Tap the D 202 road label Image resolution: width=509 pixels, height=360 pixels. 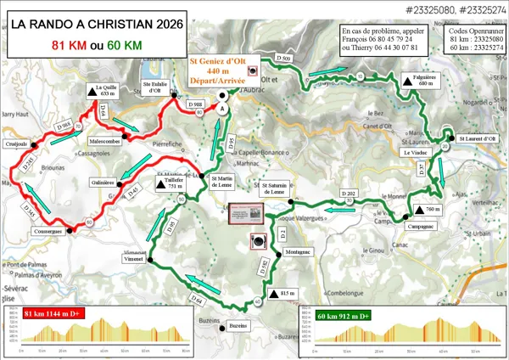[348, 194]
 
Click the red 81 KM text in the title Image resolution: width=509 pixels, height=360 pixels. [68, 45]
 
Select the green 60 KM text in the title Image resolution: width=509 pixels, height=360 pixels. [123, 45]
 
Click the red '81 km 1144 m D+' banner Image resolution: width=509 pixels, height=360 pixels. [56, 313]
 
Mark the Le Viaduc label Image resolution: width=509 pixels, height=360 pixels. [413, 153]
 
